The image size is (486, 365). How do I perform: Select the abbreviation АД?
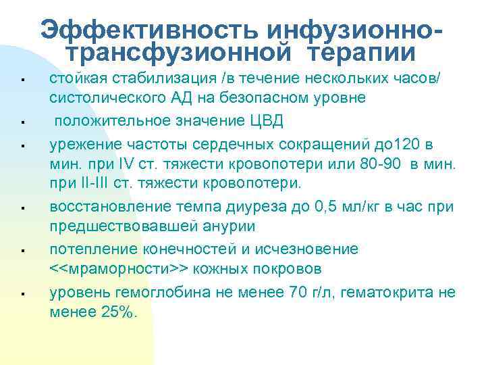click(x=182, y=98)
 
